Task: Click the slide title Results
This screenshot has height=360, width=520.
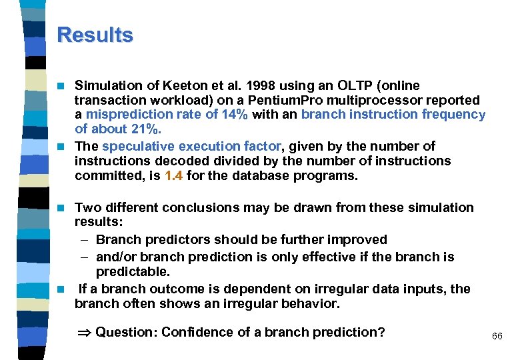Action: (95, 35)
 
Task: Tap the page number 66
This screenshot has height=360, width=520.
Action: (497, 337)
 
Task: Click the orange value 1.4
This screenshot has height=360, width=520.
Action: (175, 176)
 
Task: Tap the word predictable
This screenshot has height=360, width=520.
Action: (133, 272)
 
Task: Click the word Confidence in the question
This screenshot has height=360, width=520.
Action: (193, 332)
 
